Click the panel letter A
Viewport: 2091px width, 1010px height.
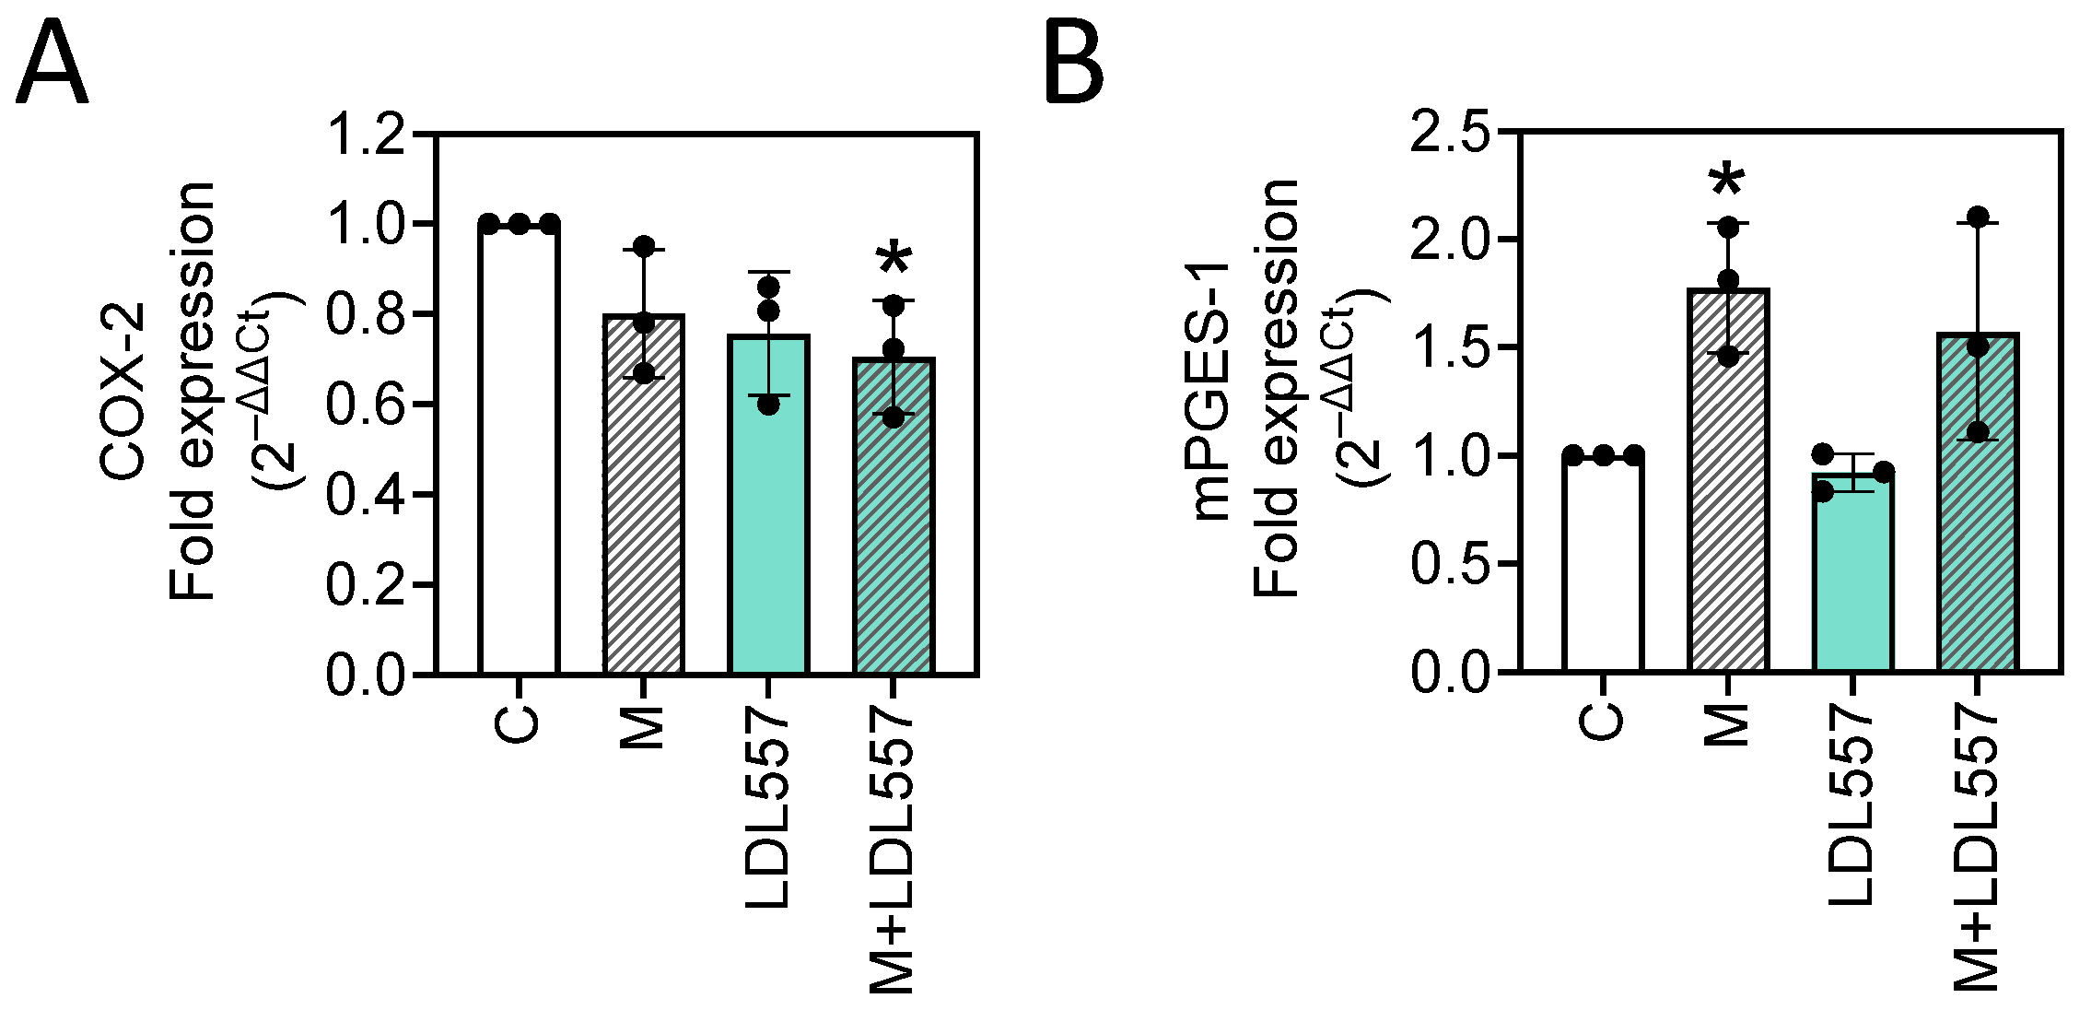(x=53, y=65)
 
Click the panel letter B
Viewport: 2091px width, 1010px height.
(x=1074, y=65)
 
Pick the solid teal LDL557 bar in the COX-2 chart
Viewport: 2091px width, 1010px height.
(x=768, y=516)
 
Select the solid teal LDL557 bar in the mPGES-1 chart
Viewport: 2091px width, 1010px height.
(x=1852, y=581)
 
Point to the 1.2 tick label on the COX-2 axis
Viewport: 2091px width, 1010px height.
(x=367, y=135)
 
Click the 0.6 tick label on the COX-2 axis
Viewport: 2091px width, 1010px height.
(x=367, y=405)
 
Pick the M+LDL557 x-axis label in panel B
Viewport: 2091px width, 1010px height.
(x=1978, y=848)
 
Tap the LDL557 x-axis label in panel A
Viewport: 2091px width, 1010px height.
(x=768, y=809)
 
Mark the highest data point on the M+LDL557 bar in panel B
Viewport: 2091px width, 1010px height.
(x=1978, y=217)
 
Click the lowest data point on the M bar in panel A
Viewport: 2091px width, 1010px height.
(x=644, y=373)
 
